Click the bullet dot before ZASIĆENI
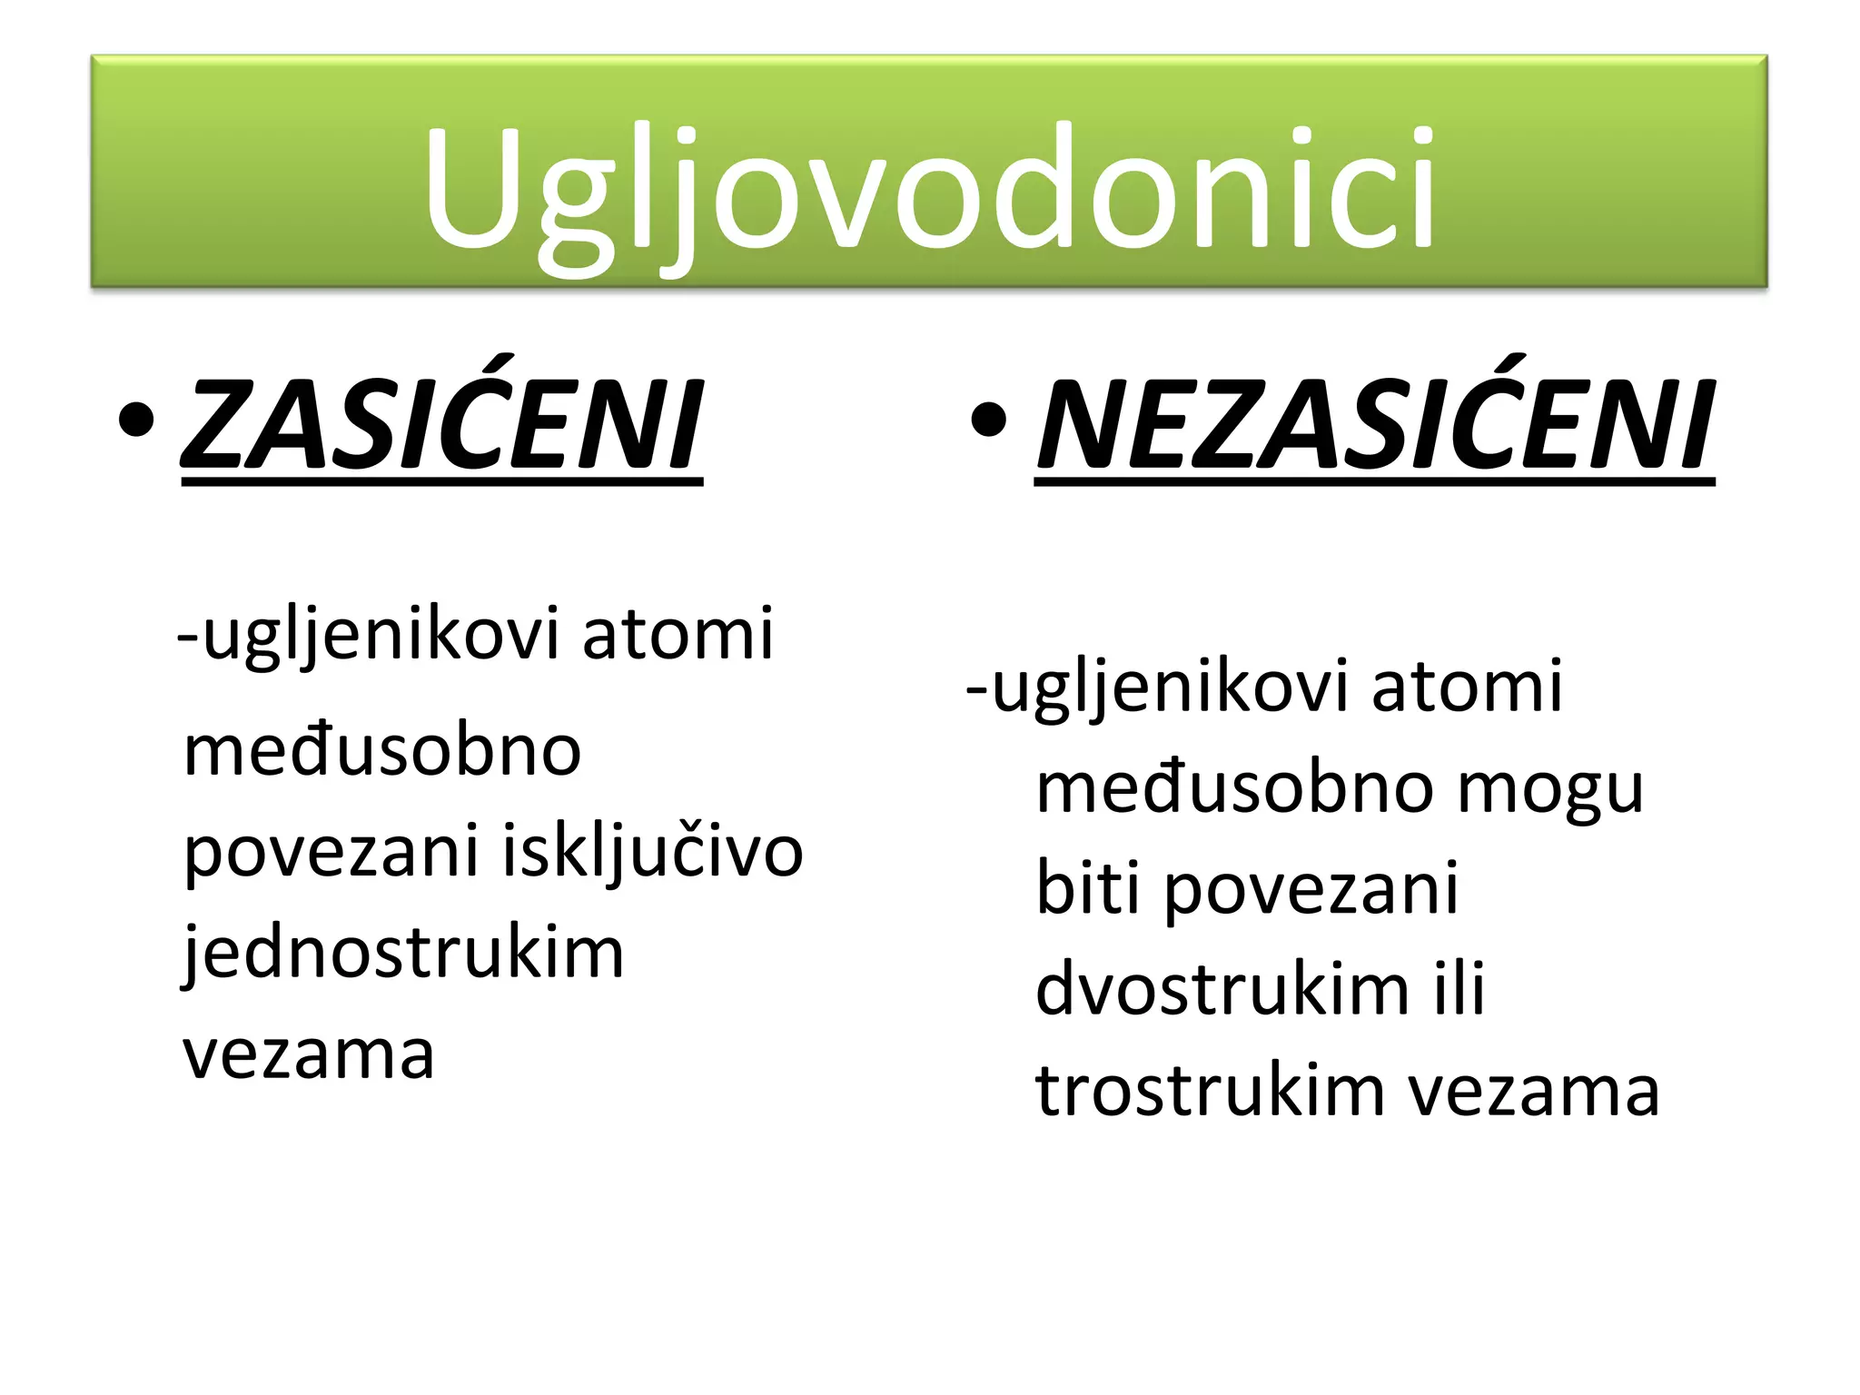[136, 420]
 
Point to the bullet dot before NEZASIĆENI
[988, 420]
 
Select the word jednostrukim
[403, 954]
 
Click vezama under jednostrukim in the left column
[309, 1055]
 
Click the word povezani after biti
[1311, 888]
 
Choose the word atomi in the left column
[678, 634]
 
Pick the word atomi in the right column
[1467, 687]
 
